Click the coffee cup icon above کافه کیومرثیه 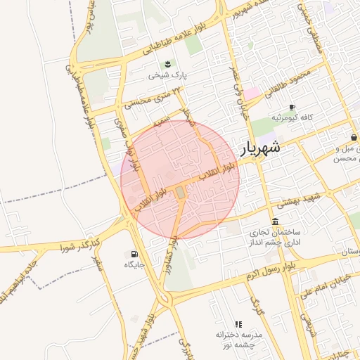pos(292,107)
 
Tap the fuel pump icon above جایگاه pos(134,254)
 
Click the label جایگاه pos(134,265)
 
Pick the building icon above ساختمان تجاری pos(274,222)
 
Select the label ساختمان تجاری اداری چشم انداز pos(274,237)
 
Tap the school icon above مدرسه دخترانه pos(238,324)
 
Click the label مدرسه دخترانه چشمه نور pos(239,340)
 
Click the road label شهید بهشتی pos(299,201)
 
